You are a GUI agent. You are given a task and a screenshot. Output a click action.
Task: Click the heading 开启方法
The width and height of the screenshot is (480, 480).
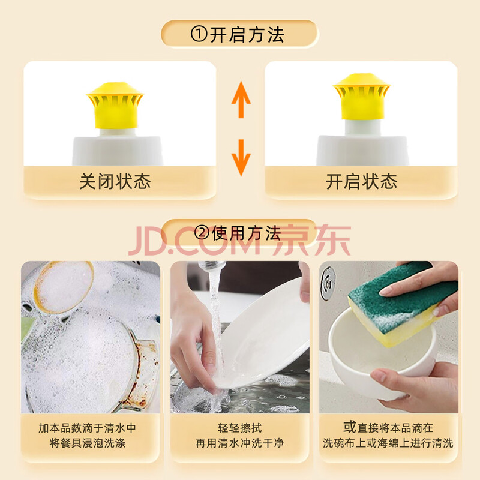[x=247, y=34]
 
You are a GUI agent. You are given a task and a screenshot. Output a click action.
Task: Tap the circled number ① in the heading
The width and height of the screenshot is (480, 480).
[x=199, y=34]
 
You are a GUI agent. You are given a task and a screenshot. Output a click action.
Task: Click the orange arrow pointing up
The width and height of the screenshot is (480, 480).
[x=241, y=100]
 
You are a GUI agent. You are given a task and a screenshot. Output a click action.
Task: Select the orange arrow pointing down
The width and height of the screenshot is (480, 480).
[x=241, y=158]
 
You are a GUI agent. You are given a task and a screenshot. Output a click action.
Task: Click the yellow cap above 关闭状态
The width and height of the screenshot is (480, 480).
[x=115, y=105]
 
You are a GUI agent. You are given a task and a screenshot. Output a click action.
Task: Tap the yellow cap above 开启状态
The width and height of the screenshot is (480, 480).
[x=362, y=96]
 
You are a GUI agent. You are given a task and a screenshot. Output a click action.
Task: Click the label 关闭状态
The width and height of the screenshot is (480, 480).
[x=115, y=181]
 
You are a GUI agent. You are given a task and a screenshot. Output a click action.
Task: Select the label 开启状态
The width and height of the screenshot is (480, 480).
[x=362, y=181]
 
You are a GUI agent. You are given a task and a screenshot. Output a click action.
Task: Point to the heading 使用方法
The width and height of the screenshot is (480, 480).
[x=246, y=233]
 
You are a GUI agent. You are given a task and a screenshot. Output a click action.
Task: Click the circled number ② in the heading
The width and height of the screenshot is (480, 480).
[x=202, y=233]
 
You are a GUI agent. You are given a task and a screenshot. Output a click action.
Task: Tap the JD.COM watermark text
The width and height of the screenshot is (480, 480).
[x=194, y=241]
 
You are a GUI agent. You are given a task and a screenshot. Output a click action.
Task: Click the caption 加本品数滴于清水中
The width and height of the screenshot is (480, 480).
[x=87, y=428]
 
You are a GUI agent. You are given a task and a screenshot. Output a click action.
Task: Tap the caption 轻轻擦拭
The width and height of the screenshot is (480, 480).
[x=239, y=428]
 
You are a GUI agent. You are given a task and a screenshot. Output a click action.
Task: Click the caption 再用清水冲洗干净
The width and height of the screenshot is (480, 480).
[x=239, y=443]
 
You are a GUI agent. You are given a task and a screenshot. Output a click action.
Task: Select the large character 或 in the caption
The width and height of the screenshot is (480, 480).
[x=350, y=427]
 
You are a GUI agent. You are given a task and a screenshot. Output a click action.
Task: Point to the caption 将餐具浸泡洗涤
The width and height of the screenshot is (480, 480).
[x=87, y=443]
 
